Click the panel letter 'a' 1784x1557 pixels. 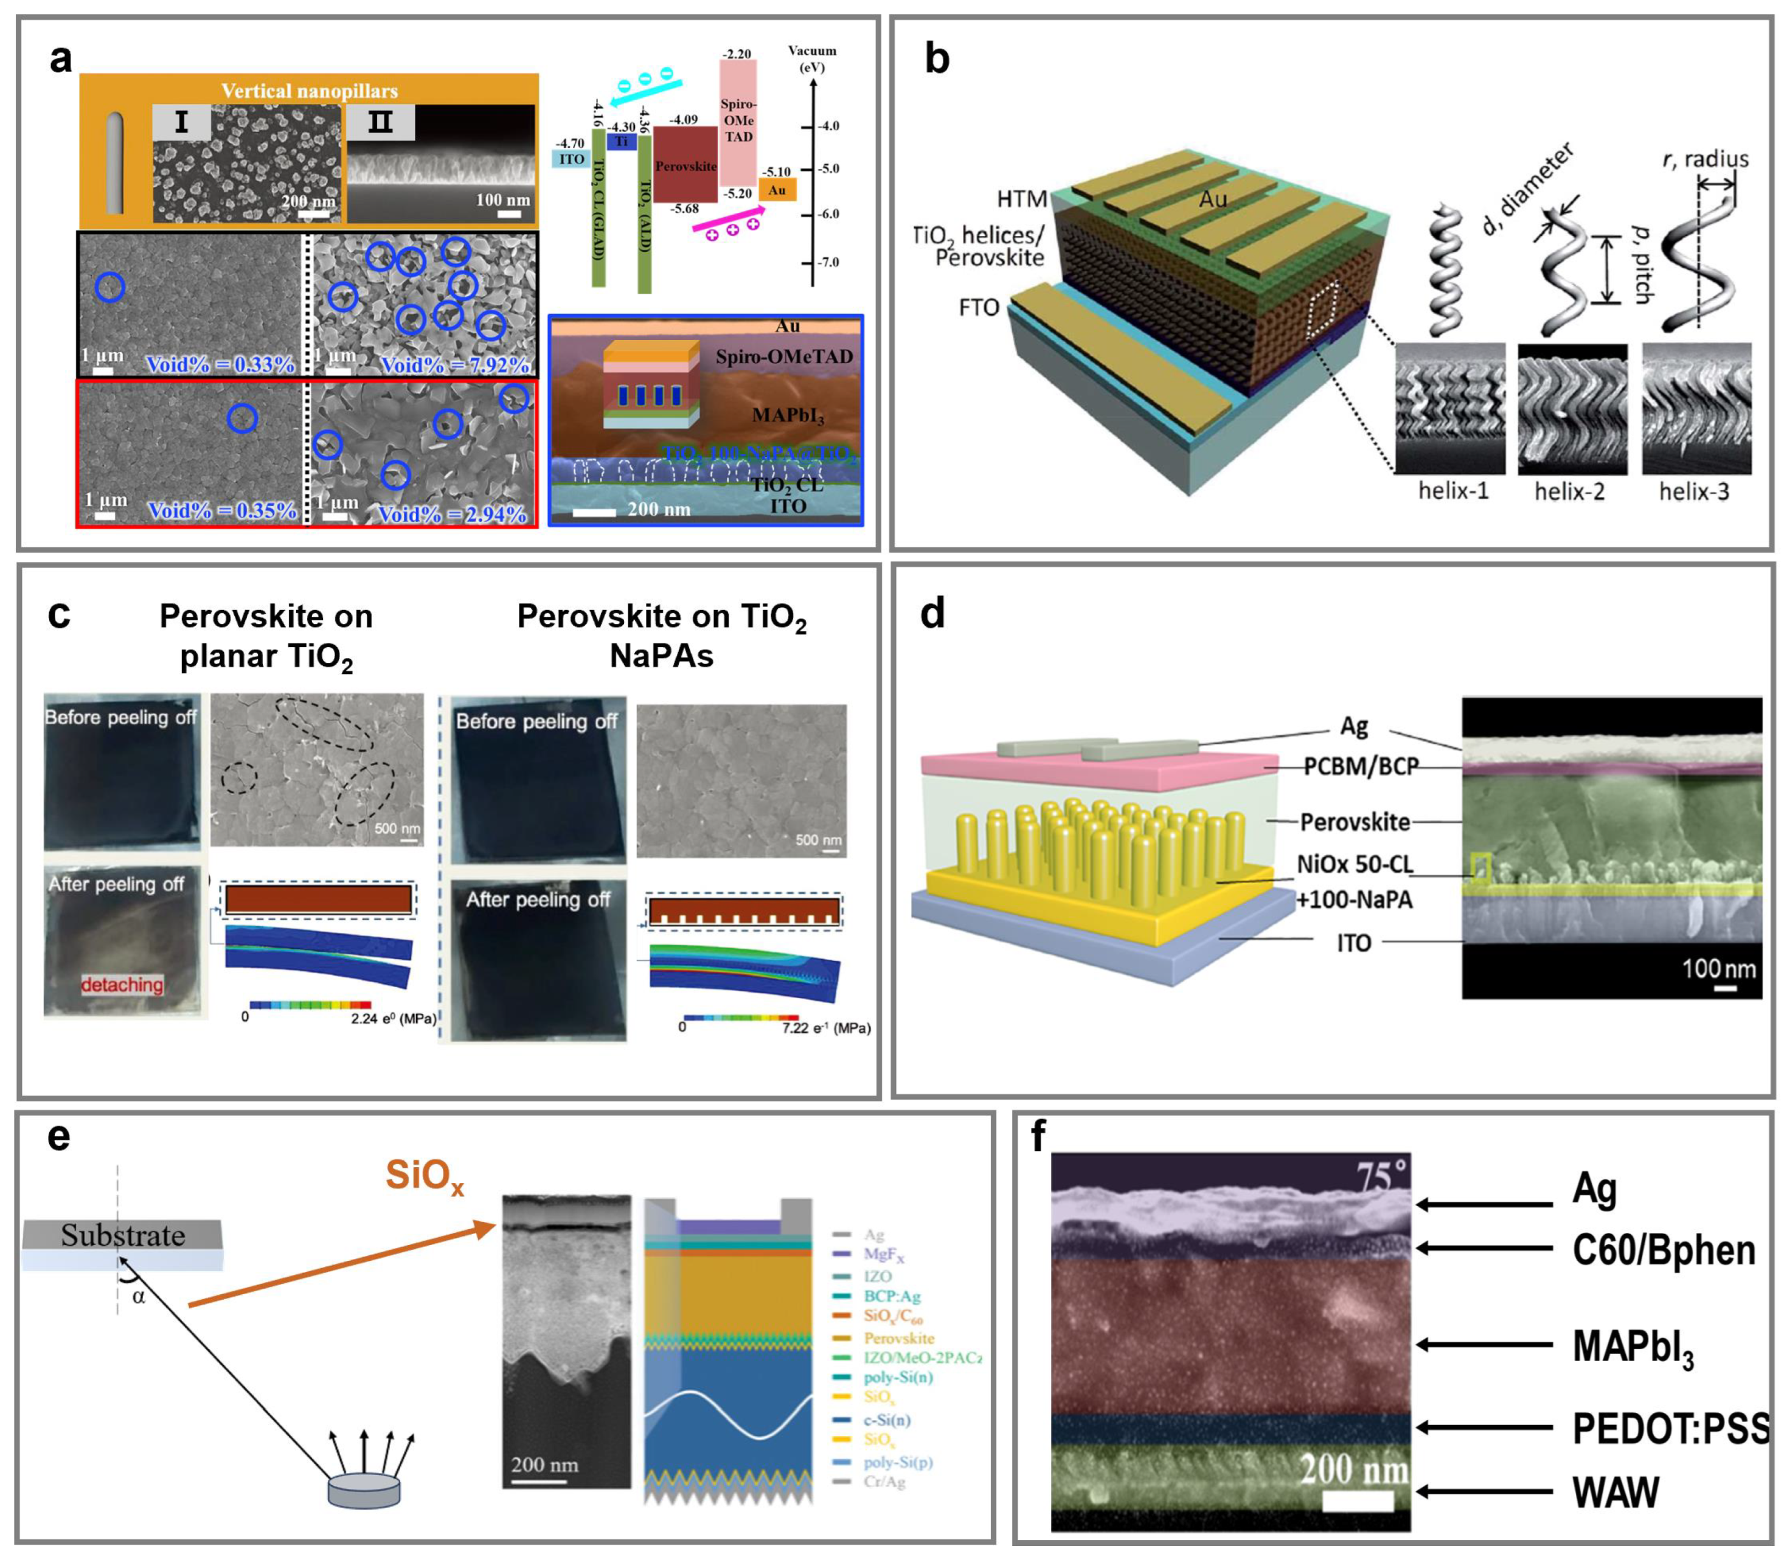(x=60, y=59)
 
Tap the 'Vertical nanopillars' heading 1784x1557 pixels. (x=310, y=91)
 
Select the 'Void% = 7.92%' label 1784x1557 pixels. (x=454, y=365)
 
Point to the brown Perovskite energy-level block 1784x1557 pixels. (x=685, y=164)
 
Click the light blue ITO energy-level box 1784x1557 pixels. (x=572, y=159)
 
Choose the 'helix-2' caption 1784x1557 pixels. (x=1569, y=492)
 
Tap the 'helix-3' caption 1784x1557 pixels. (x=1695, y=492)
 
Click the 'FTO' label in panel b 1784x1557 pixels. (x=979, y=308)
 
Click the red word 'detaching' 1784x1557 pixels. (x=122, y=985)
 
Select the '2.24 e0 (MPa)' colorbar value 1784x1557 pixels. (x=394, y=1018)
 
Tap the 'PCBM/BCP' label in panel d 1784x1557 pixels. (x=1361, y=766)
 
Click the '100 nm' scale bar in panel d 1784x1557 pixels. (x=1719, y=971)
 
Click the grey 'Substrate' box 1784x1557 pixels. (x=122, y=1235)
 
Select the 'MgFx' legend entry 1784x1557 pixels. (x=884, y=1255)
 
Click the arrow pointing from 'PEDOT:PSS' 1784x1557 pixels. (x=1484, y=1427)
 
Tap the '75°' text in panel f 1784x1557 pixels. (x=1382, y=1176)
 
